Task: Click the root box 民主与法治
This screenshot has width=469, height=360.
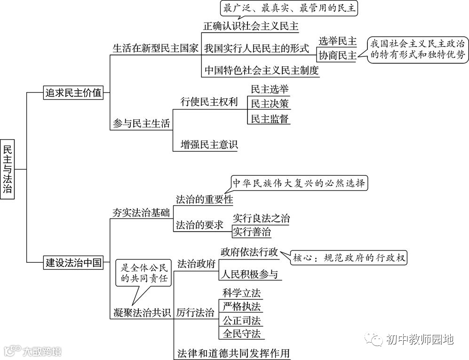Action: click(x=8, y=169)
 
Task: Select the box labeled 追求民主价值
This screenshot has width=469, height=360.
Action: click(x=73, y=93)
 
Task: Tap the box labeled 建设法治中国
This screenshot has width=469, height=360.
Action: click(x=73, y=262)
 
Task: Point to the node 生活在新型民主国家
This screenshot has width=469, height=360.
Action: click(x=156, y=48)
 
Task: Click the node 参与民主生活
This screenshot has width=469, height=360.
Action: click(x=141, y=123)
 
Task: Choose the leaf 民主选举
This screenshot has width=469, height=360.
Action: click(x=270, y=89)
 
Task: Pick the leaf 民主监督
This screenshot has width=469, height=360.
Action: click(x=270, y=118)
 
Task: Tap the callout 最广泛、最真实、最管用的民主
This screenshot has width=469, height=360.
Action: click(x=290, y=8)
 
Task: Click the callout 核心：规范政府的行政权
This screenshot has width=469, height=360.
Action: click(x=349, y=258)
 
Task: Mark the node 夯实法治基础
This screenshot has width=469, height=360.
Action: click(x=141, y=212)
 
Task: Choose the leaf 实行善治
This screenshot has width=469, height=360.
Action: click(x=252, y=232)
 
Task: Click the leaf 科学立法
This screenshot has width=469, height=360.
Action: click(x=242, y=293)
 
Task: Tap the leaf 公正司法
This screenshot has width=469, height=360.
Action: click(x=242, y=321)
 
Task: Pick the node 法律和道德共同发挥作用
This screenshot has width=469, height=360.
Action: click(x=233, y=352)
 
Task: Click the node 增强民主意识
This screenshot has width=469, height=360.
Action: click(x=209, y=144)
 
